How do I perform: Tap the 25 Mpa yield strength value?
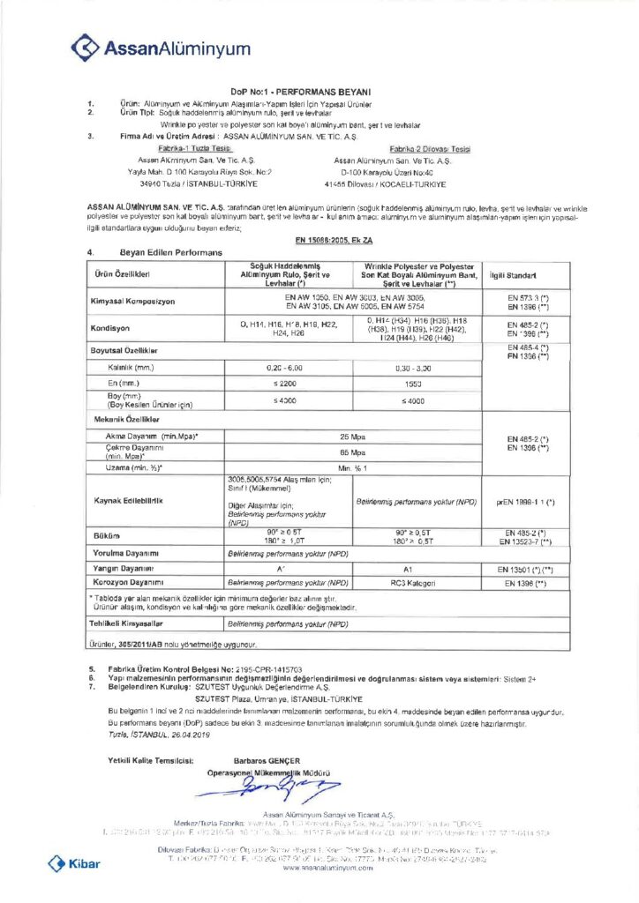[x=352, y=436]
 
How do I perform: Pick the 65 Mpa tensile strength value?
[x=352, y=451]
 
